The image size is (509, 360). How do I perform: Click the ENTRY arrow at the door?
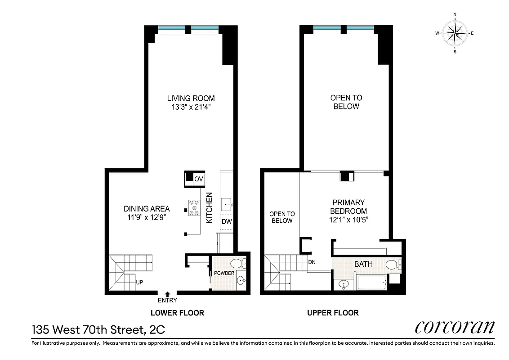168,293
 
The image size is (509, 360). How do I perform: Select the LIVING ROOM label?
191,98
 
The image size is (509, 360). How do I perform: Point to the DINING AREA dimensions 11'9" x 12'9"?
147,217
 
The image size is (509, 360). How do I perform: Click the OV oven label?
198,179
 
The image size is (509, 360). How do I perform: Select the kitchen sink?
227,205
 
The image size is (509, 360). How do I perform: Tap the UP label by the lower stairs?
139,283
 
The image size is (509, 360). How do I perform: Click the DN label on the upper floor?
312,261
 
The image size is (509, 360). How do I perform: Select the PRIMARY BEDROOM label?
348,207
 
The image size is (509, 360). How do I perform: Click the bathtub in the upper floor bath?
371,283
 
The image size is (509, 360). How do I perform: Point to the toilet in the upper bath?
393,264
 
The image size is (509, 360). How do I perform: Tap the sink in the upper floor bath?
344,284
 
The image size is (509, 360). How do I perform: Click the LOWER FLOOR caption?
177,313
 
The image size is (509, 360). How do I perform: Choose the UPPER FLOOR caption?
333,313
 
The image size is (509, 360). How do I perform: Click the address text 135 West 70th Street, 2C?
98,330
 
